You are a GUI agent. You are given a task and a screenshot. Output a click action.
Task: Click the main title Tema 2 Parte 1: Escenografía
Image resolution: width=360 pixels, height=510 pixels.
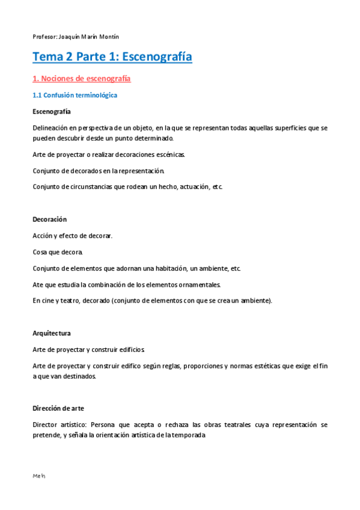pyautogui.click(x=112, y=57)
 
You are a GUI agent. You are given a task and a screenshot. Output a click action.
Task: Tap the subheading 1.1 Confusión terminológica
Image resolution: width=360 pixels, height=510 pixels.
pyautogui.click(x=75, y=95)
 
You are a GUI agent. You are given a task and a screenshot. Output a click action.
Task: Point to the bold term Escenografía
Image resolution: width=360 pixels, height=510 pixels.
pyautogui.click(x=51, y=111)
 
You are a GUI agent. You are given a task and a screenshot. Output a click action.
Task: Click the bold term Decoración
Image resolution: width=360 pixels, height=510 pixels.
pyautogui.click(x=49, y=219)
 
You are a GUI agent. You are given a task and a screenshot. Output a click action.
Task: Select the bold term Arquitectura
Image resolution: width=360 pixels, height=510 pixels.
pyautogui.click(x=52, y=333)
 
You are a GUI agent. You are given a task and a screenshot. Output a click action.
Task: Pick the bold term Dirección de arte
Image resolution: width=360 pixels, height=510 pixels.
pyautogui.click(x=59, y=408)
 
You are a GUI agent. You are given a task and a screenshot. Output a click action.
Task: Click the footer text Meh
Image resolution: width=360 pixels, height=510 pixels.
pyautogui.click(x=39, y=476)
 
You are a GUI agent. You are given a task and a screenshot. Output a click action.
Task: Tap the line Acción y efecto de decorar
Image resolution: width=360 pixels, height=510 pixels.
pyautogui.click(x=72, y=235)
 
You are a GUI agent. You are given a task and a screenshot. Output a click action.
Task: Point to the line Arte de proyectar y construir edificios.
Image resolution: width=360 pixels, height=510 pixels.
pyautogui.click(x=88, y=349)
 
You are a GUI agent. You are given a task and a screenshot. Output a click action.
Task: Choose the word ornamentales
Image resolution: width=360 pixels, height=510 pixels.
pyautogui.click(x=200, y=284)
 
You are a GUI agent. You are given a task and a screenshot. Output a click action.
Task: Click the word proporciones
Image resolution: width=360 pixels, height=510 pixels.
pyautogui.click(x=224, y=366)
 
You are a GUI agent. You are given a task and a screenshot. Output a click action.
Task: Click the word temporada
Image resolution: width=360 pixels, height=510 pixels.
pyautogui.click(x=186, y=435)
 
